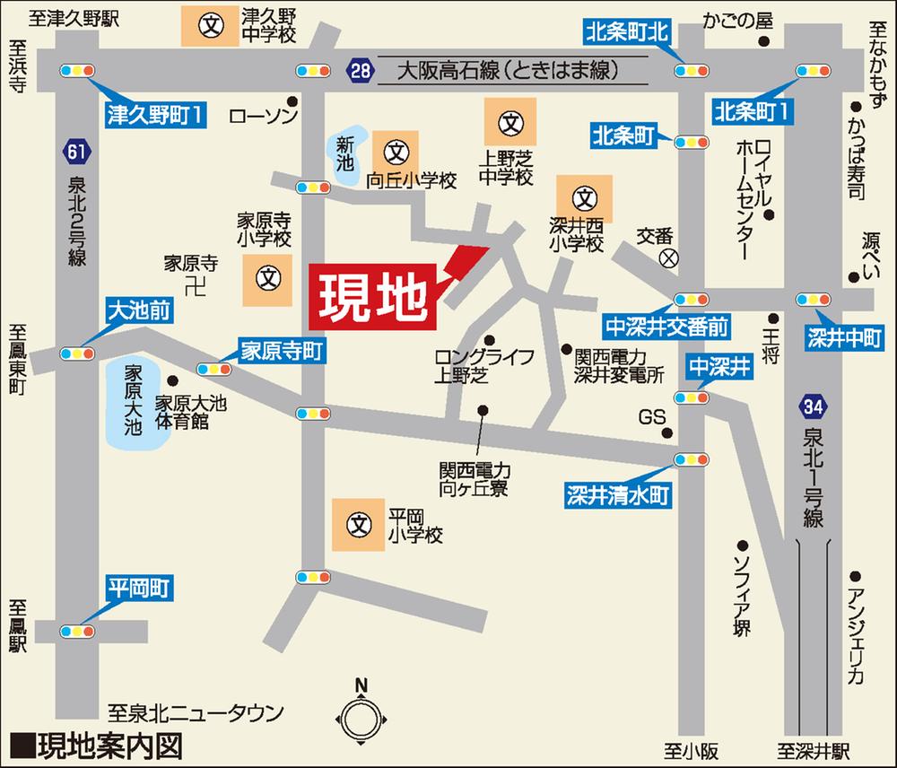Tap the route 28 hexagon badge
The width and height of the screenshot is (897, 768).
point(359,71)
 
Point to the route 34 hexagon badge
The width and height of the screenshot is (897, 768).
point(813,409)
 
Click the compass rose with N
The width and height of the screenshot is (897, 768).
point(361,718)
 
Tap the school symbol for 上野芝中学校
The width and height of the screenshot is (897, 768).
point(510,121)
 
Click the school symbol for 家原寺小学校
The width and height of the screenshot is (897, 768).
point(266,278)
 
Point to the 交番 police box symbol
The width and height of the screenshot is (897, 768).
point(668,258)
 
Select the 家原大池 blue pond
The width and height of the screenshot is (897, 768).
point(131,400)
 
